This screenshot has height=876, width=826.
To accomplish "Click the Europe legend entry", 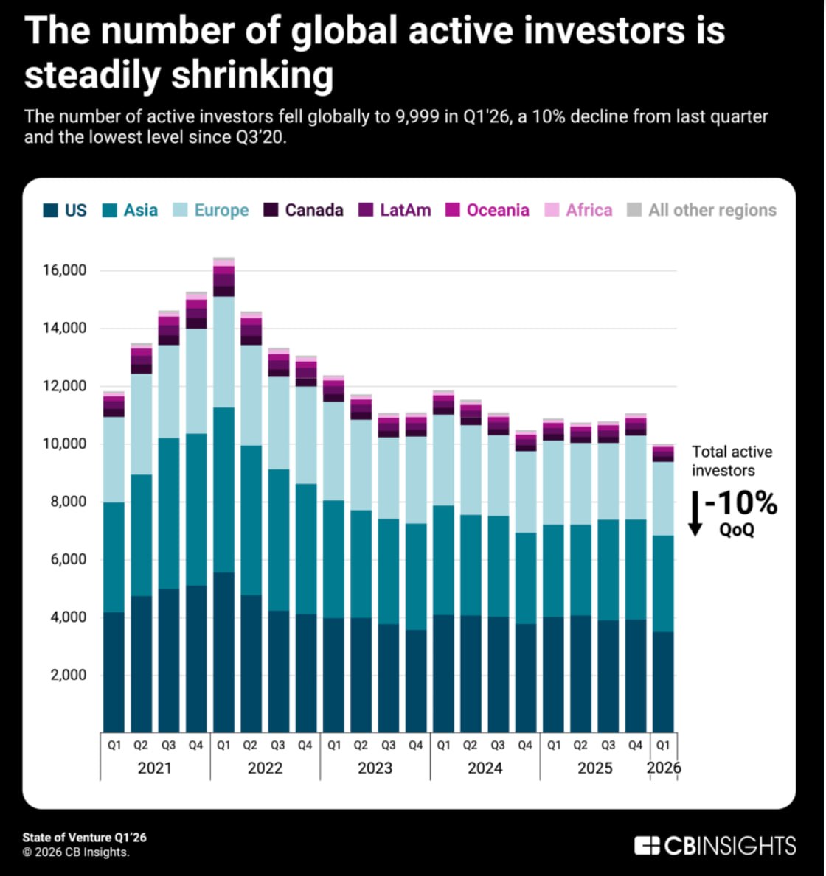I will [221, 211].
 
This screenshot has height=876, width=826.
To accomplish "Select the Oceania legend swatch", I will [453, 211].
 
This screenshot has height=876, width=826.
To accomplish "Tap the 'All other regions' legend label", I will [712, 211].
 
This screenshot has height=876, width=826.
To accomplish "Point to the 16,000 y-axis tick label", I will [65, 270].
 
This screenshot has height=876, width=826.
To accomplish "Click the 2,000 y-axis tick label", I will [69, 675].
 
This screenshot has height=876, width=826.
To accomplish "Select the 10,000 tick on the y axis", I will [65, 444].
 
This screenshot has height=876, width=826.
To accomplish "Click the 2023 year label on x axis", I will [375, 768].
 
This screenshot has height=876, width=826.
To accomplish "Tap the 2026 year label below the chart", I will [664, 768].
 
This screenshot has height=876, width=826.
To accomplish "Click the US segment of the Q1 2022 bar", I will [223, 652].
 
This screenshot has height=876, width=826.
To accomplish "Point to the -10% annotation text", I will [740, 504].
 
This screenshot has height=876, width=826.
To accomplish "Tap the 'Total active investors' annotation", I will [732, 461].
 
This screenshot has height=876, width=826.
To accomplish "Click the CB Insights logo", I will [715, 845].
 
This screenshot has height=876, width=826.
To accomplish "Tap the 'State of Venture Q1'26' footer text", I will [84, 838].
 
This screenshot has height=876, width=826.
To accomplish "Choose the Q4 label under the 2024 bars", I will [525, 746].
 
